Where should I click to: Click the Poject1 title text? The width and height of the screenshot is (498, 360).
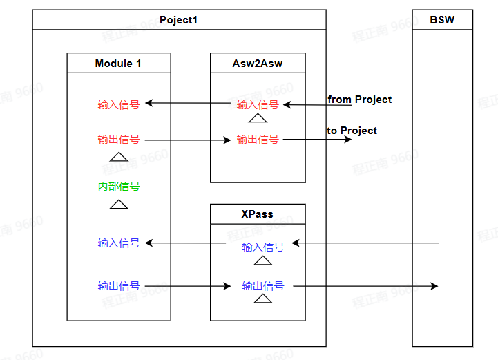[179, 20]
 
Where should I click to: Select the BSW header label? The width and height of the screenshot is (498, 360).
[442, 20]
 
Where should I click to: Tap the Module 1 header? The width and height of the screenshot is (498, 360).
[118, 64]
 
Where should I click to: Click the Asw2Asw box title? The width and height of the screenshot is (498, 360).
[258, 64]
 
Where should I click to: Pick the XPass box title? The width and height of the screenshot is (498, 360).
[257, 214]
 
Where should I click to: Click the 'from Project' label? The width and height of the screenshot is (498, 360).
[359, 100]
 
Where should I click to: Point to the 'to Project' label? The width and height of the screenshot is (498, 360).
[352, 131]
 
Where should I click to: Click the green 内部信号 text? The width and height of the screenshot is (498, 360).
[119, 187]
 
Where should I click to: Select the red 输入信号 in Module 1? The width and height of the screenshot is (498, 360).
[119, 105]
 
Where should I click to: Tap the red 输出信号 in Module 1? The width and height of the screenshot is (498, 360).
[119, 140]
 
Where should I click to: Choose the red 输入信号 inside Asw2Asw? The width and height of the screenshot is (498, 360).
[258, 105]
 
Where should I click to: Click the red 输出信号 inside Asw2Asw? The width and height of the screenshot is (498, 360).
[258, 140]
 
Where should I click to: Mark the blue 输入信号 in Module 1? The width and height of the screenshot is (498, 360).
[119, 243]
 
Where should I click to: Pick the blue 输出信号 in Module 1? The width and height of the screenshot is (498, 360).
[119, 286]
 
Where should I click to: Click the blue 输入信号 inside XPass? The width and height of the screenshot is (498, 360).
[262, 247]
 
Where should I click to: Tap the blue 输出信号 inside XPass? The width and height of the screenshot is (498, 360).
[262, 286]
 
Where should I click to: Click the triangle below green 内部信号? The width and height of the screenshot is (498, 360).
[119, 205]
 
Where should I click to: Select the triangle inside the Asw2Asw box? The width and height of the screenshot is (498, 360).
[258, 119]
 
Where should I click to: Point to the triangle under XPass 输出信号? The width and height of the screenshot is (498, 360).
[262, 299]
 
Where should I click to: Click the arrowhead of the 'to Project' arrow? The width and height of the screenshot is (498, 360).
[347, 140]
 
